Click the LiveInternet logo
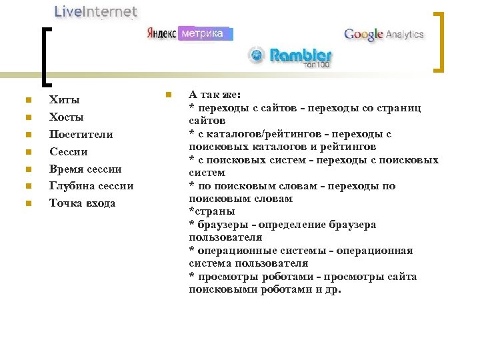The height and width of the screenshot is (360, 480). point(95,12)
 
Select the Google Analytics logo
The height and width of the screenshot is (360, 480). point(383,35)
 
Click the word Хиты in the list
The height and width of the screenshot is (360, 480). point(64,100)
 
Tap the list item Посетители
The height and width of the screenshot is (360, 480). point(81,135)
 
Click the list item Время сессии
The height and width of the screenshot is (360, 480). point(85,169)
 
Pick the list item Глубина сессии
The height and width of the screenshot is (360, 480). point(91,186)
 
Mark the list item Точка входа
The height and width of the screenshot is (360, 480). point(82,203)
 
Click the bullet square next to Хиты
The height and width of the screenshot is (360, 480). point(27,101)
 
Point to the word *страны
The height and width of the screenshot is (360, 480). point(211,212)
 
